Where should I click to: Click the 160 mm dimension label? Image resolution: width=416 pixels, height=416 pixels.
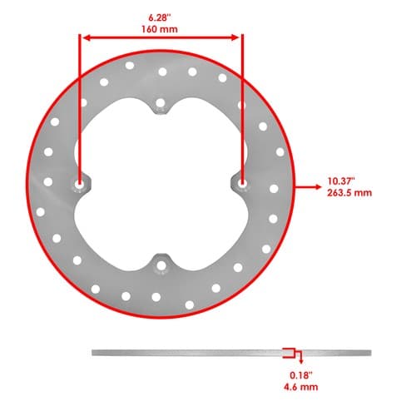[160, 29]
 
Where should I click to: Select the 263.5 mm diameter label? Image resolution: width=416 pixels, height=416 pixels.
[349, 193]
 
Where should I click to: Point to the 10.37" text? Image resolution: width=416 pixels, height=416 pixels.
[341, 181]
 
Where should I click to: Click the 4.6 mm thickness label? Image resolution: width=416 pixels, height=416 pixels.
[301, 387]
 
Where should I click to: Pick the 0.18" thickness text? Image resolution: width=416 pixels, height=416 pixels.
[301, 375]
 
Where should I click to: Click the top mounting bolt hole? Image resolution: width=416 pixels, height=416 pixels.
[161, 103]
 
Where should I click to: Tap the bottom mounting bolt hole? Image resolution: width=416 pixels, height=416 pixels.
[161, 266]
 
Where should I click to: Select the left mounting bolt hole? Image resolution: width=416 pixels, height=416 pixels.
[79, 184]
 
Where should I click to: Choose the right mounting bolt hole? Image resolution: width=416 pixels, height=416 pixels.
[242, 183]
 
